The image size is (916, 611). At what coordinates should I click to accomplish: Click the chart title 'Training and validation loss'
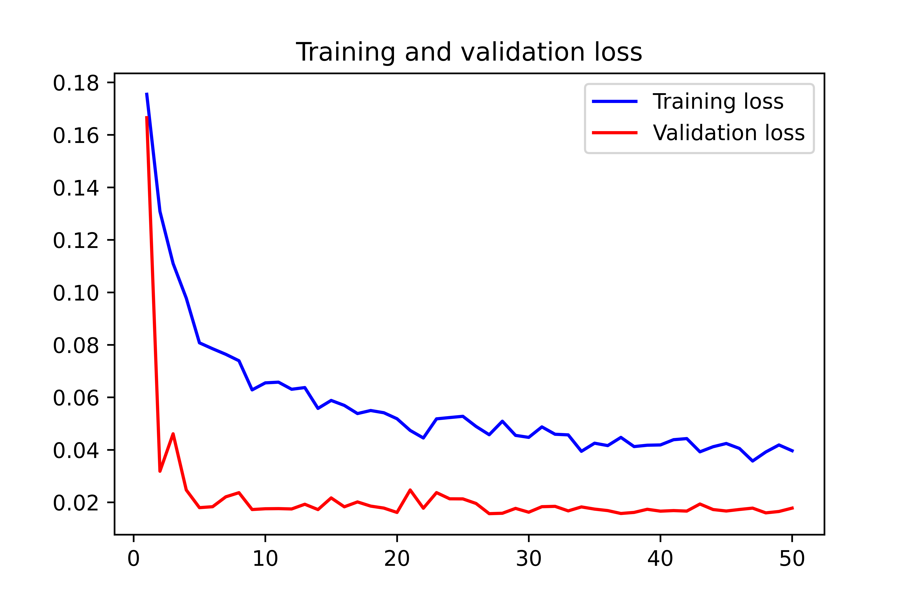(469, 52)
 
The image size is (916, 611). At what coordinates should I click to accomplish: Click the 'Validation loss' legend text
(728, 133)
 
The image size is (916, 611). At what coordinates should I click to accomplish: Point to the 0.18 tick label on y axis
(76, 83)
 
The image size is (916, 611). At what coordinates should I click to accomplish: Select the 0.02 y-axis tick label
(76, 503)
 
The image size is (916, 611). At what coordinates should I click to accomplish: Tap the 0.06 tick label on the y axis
(76, 398)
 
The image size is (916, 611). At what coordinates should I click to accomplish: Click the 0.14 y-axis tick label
(76, 188)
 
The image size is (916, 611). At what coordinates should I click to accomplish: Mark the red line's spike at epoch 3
(173, 434)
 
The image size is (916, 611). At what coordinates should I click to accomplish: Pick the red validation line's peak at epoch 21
(410, 490)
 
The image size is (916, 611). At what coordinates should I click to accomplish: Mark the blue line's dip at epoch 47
(752, 461)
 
